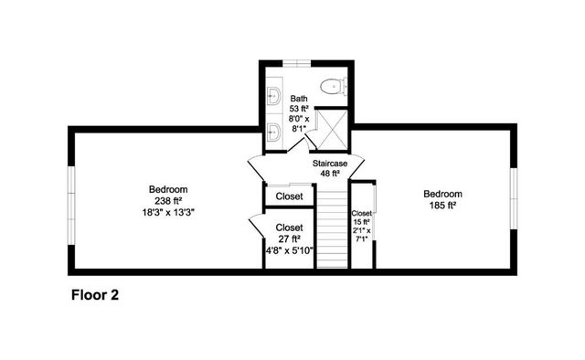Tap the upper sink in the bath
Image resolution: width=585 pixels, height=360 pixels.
point(273,94)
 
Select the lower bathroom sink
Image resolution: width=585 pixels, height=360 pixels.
point(273,131)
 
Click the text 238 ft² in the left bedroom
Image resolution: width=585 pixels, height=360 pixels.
point(167,200)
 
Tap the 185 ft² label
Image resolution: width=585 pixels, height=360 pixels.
point(441,206)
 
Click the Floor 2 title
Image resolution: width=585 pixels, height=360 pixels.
point(95,295)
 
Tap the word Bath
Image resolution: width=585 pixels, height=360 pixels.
point(299,98)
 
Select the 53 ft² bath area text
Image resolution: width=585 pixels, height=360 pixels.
point(299,109)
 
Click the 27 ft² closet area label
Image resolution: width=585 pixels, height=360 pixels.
point(289,239)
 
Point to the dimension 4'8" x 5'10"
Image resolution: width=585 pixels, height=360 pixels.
point(289,250)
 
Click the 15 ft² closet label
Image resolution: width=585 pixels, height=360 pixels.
point(362,221)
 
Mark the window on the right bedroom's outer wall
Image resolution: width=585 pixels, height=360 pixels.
point(514,200)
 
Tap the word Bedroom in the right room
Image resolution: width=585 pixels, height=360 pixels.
point(441,194)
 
